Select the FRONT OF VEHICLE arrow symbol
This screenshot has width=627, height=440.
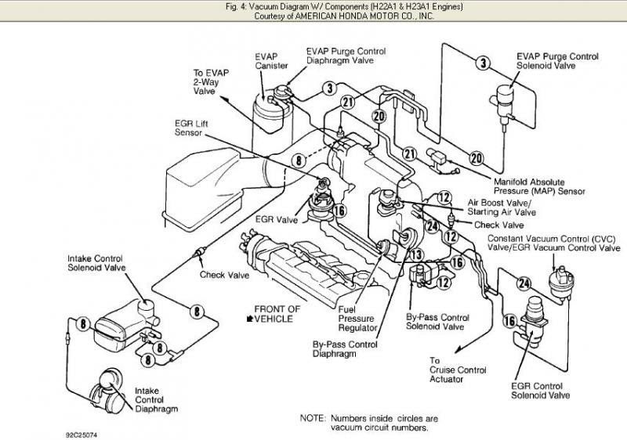250,319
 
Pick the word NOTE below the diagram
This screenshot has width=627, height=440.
313,418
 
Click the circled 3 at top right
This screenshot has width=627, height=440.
483,63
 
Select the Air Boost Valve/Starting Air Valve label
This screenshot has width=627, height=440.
502,206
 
